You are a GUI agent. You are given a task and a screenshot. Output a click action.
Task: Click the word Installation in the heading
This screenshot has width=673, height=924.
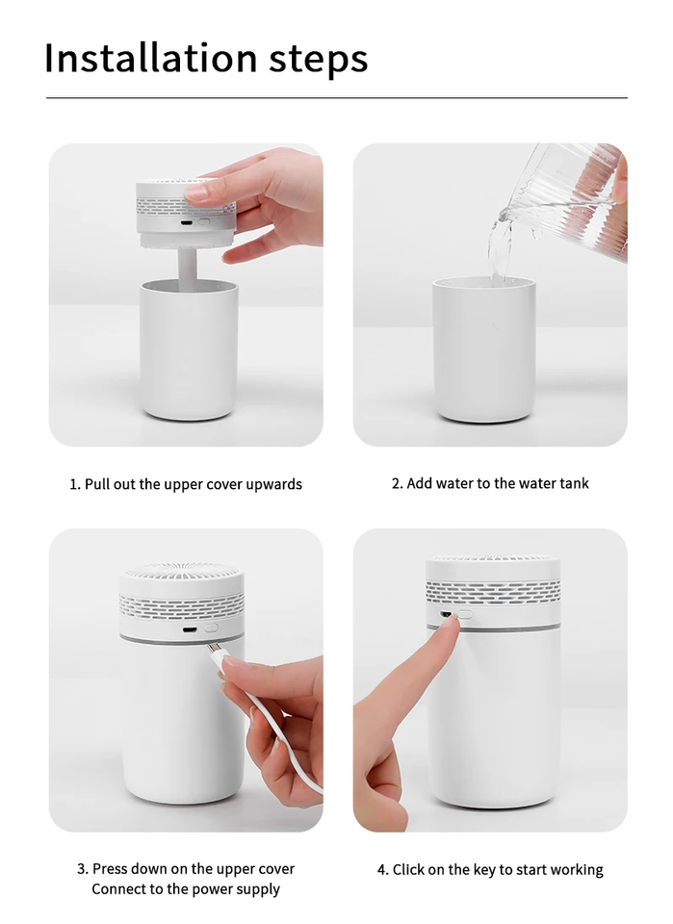pos(151,58)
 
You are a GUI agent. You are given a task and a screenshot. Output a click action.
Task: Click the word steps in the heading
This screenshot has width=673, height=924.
pos(319,61)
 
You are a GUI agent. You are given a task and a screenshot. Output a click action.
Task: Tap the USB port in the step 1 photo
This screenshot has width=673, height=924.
pos(186,224)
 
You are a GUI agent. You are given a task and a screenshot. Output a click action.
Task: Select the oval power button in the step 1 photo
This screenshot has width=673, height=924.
pos(204,222)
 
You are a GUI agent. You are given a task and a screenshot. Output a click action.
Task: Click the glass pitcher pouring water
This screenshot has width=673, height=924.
pos(566,200)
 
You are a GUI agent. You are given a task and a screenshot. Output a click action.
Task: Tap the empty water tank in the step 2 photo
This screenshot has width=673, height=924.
pos(484,350)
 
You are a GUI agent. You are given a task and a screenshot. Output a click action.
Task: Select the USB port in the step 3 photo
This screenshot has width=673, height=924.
pos(189,629)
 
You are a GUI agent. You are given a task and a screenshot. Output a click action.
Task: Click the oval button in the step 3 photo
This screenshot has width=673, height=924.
pos(211,629)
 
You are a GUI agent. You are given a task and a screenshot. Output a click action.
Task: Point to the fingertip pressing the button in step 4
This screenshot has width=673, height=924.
pos(451,623)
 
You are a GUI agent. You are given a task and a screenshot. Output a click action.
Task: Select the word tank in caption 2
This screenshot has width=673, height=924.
pos(575,483)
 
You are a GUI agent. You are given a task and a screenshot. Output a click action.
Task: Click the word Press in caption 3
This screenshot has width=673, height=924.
pos(110,868)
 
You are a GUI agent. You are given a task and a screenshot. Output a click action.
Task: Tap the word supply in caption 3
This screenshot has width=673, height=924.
pos(259,889)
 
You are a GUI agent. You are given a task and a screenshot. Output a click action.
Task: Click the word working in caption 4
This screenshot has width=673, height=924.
pos(579,870)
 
